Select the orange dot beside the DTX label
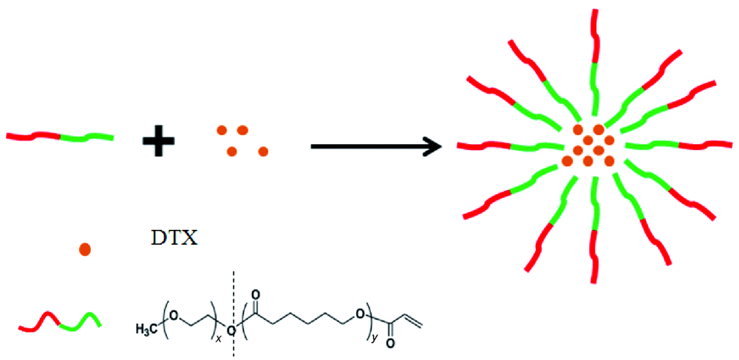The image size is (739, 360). [x=85, y=250]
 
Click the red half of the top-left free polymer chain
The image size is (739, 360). [x=33, y=136]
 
